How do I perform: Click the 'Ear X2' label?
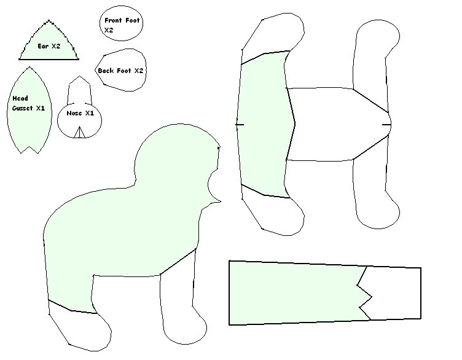[x=49, y=46]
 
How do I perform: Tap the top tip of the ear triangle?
[x=49, y=21]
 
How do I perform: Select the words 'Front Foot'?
[x=122, y=20]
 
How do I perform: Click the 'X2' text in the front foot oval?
[x=109, y=30]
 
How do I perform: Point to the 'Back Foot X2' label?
[x=120, y=71]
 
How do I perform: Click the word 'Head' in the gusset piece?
[x=20, y=98]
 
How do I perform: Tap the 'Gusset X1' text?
[x=29, y=108]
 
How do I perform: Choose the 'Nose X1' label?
[x=80, y=113]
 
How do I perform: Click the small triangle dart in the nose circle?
[x=79, y=132]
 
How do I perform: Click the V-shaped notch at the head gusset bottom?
[x=29, y=150]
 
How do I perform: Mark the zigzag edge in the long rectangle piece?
[x=365, y=293]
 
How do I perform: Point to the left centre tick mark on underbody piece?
[x=240, y=125]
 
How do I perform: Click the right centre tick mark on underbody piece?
[x=386, y=125]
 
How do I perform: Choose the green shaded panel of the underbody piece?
[x=265, y=123]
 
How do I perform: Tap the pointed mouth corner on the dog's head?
[x=220, y=202]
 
